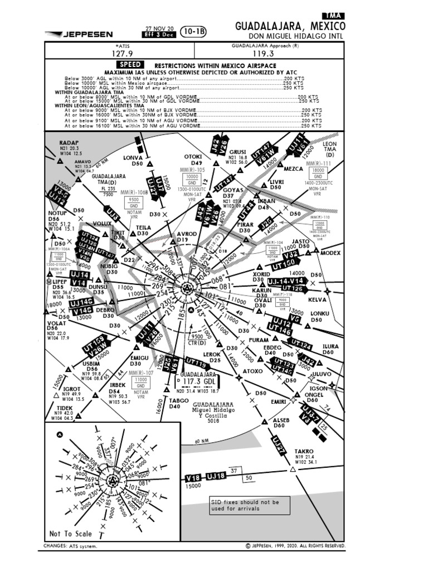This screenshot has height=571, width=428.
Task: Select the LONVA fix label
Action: [x=133, y=158]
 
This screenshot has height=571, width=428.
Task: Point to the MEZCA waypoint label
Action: [x=293, y=168]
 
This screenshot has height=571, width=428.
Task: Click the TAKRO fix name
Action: [x=304, y=451]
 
